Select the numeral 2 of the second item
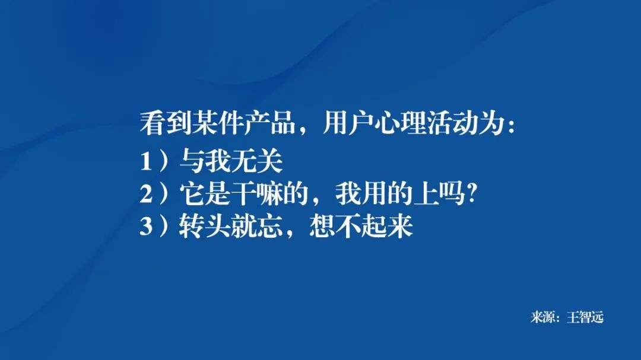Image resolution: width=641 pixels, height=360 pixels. tap(146, 195)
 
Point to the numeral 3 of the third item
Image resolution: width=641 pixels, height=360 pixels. tap(146, 228)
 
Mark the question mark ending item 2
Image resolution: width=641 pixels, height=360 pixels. tap(473, 194)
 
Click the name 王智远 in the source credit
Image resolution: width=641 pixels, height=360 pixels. tap(585, 318)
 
